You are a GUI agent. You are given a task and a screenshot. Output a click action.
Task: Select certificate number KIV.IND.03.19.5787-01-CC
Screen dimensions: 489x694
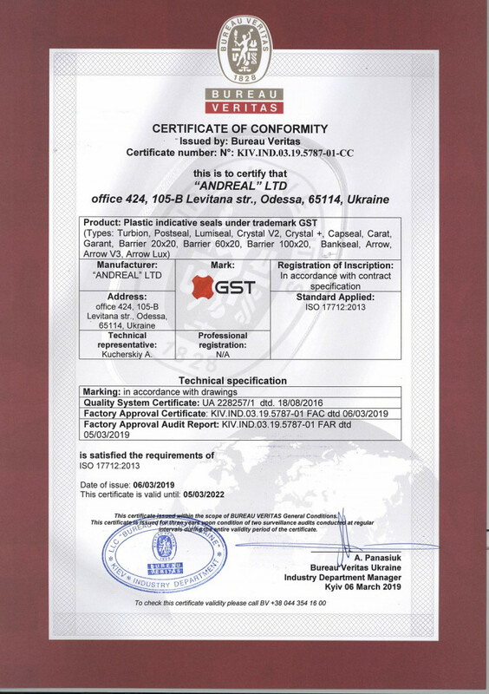(280, 152)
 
